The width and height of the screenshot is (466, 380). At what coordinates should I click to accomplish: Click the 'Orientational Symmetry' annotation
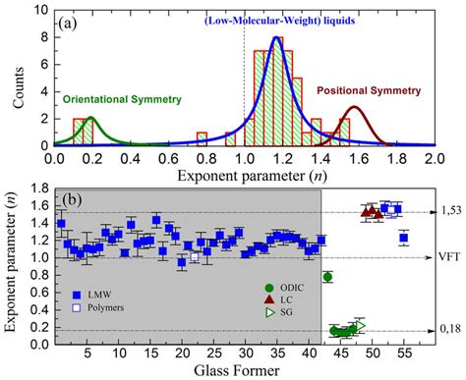pos(115,99)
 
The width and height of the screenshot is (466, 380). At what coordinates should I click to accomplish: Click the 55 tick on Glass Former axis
pos(404,354)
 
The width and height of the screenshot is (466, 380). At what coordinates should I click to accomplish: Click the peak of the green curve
pos(91,117)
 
